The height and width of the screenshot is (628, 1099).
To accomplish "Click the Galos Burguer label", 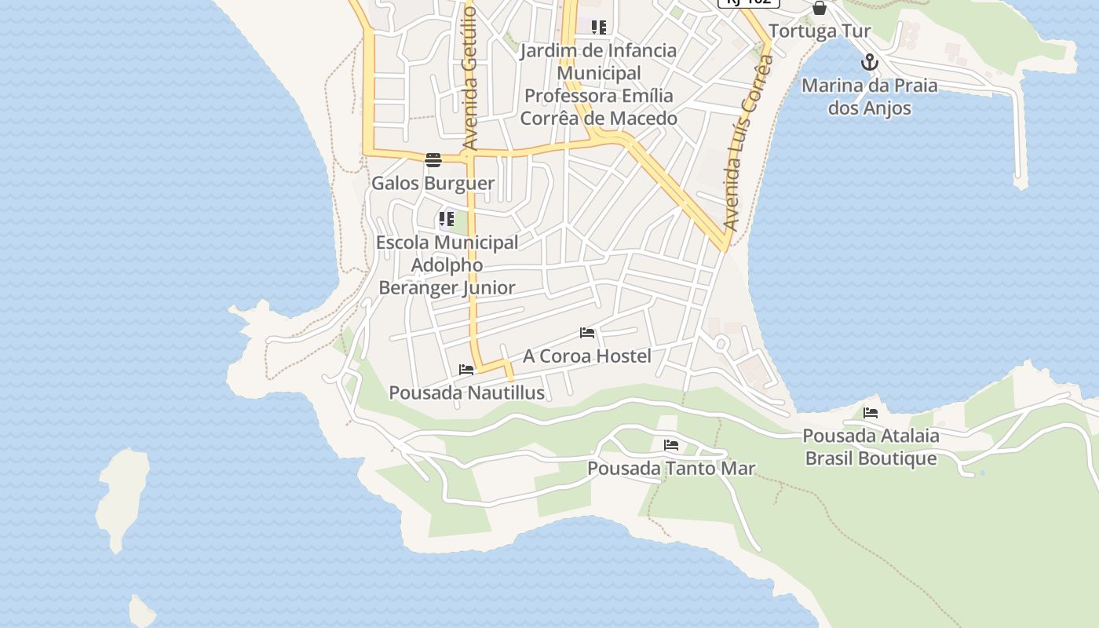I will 433,184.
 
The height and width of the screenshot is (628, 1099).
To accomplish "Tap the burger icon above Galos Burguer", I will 433,160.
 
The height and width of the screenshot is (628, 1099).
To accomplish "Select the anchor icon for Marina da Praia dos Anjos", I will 869,62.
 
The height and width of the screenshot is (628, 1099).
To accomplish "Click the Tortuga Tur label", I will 820,31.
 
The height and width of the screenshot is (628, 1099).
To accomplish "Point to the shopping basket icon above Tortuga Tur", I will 820,9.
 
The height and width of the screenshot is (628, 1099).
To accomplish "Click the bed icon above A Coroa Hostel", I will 587,333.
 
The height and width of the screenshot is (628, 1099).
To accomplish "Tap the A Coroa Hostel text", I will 587,356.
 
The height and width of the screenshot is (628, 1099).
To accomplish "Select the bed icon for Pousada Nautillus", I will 466,370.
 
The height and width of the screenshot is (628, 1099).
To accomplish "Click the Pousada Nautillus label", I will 466,392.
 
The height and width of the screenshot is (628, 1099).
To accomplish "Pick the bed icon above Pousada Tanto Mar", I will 671,445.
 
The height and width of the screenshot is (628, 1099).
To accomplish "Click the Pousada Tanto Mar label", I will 671,469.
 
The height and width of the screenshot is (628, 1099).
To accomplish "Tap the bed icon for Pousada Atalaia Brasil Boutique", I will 871,412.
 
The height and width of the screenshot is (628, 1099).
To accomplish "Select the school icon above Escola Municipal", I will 447,219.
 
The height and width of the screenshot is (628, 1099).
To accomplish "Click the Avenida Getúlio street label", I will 470,75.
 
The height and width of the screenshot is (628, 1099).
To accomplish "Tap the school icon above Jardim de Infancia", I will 599,27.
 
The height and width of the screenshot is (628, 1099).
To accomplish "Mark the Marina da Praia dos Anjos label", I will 869,97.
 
